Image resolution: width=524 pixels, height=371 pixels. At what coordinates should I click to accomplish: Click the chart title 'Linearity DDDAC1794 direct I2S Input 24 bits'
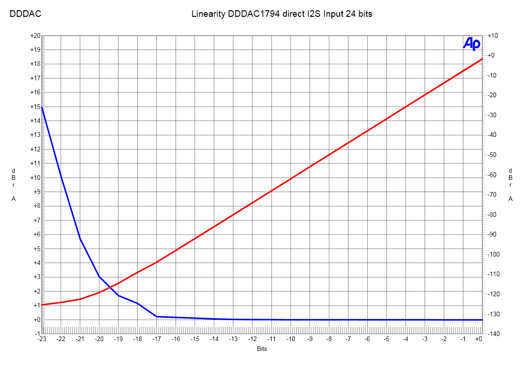[x=282, y=14]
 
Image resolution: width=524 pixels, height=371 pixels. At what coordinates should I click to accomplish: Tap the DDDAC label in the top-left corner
[x=26, y=14]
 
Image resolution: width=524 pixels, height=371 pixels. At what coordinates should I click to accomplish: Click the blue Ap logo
[x=471, y=43]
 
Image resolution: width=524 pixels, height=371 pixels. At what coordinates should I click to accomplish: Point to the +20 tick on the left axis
[x=35, y=36]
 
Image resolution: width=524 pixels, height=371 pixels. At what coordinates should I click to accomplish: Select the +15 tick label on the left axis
[x=35, y=107]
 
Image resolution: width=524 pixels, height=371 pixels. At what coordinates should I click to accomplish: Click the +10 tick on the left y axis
[x=35, y=178]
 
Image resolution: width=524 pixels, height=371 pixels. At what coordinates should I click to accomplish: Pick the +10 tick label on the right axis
[x=493, y=36]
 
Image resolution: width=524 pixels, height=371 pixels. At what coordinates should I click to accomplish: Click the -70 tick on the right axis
[x=494, y=195]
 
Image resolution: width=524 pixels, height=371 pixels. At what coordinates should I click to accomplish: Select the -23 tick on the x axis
[x=42, y=339]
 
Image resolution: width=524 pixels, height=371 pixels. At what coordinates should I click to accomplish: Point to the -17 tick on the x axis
[x=157, y=339]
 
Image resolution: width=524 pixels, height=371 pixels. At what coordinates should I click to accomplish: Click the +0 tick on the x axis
[x=479, y=339]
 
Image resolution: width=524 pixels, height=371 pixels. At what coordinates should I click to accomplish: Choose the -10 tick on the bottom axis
[x=291, y=339]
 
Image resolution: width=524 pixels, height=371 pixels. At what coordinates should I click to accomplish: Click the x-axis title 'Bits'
[x=262, y=349]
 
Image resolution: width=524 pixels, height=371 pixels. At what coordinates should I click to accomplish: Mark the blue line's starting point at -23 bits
[x=42, y=107]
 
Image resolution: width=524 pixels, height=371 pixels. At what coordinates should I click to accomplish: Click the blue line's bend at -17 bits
[x=157, y=316]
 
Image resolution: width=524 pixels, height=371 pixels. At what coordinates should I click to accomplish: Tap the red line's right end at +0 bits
[x=482, y=59]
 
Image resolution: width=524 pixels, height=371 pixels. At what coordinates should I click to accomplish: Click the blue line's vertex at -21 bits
[x=80, y=238]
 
